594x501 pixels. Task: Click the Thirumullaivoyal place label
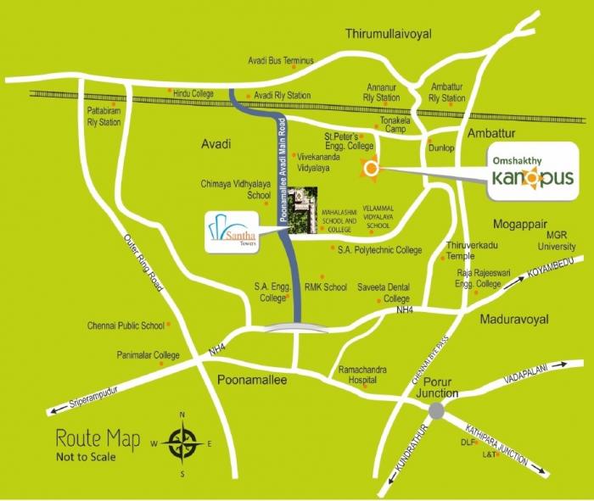tap(389, 34)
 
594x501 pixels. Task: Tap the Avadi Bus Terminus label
tap(281, 61)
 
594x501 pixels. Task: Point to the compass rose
tap(182, 443)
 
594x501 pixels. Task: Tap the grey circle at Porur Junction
tap(436, 410)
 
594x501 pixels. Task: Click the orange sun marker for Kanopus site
tap(370, 170)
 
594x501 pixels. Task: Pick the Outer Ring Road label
tap(143, 264)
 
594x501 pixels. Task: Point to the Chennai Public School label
tap(126, 326)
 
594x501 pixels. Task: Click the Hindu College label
tap(196, 92)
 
